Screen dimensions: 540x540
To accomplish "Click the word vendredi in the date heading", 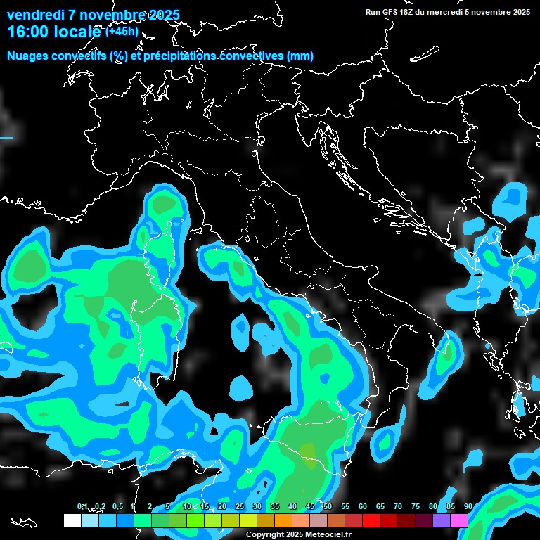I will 35,15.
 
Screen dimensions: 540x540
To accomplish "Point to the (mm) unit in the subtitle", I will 301,56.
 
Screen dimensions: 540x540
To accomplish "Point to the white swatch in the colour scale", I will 72,521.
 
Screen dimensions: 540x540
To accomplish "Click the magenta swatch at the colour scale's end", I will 459,521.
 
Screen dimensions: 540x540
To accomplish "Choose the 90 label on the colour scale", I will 468,507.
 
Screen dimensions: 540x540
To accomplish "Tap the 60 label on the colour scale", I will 363,507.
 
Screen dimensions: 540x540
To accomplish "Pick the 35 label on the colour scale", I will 275,507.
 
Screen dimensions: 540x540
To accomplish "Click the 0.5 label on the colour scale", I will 117,507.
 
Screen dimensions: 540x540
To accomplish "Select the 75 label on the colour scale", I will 416,507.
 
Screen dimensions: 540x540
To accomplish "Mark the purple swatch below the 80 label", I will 442,521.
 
